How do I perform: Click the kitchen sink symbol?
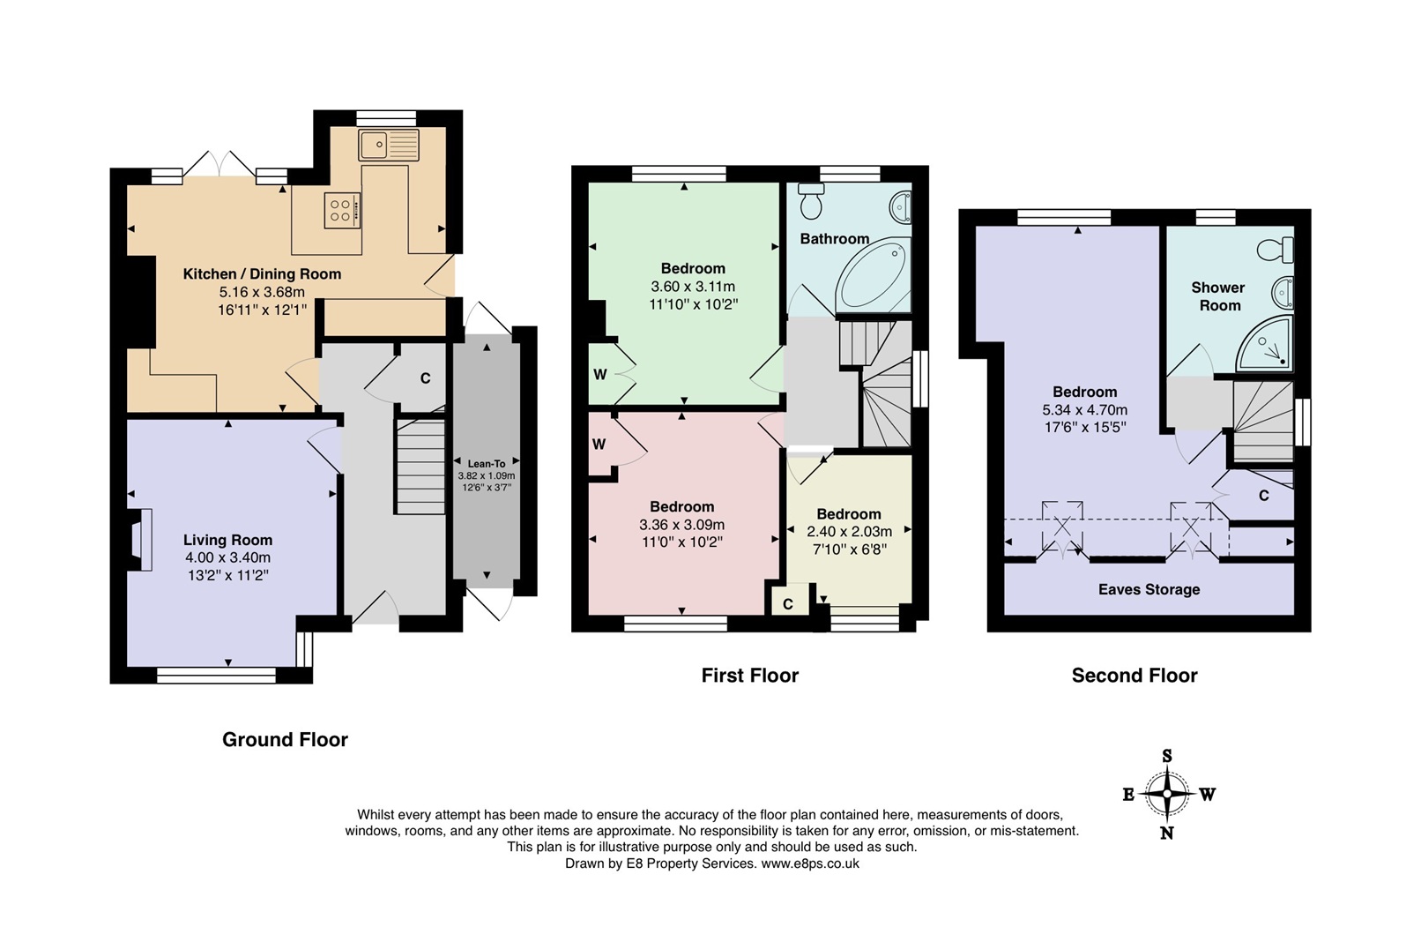tap(389, 145)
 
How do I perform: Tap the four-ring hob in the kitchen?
tap(342, 210)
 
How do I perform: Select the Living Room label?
tap(227, 540)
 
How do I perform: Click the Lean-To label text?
tap(487, 464)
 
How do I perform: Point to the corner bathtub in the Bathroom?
tap(871, 275)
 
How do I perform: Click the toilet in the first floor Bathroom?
tap(811, 202)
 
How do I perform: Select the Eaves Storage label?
tap(1149, 589)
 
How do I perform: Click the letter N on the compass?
tap(1167, 833)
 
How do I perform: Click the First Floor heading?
tap(749, 676)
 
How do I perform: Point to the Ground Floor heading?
tap(285, 740)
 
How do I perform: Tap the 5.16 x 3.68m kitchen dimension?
tap(262, 292)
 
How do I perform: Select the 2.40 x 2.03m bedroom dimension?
tap(849, 531)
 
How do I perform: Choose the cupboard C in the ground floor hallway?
tap(424, 378)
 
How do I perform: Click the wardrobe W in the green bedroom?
tap(600, 374)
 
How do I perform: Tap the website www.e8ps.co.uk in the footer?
tap(809, 863)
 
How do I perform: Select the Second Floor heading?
tap(1134, 676)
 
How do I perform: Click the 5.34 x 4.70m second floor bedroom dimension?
tap(1084, 409)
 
